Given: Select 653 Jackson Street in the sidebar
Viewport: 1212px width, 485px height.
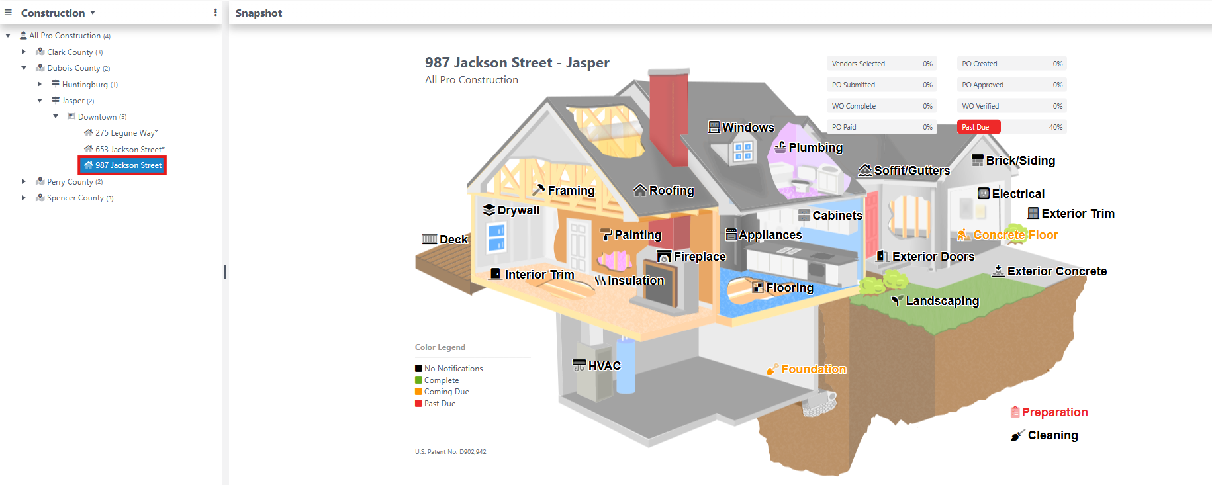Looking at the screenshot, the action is pos(129,150).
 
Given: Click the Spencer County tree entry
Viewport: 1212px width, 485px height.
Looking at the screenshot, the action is pos(75,198).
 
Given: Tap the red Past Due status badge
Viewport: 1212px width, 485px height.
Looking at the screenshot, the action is pos(978,127).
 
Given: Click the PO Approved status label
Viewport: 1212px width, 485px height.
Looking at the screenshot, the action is pos(982,85).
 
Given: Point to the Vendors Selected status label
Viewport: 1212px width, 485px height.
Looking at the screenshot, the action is pos(858,64).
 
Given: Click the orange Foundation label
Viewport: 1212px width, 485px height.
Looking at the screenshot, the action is pos(813,369).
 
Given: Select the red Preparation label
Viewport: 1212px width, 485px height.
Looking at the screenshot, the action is pos(1054,412).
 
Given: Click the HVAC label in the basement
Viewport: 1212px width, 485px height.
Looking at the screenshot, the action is pos(604,365).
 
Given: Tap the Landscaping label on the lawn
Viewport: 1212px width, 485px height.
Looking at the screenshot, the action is pos(941,301).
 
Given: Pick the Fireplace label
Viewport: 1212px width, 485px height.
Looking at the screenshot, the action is pos(699,257).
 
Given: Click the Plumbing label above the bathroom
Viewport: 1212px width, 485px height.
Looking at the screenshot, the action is pos(815,148).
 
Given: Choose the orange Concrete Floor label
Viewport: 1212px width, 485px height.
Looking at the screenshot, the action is pos(1015,235).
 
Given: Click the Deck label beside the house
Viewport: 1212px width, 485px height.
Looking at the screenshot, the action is pos(453,240).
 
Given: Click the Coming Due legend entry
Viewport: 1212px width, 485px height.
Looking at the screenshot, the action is pos(446,392).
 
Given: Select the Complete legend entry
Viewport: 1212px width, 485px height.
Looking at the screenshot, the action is pos(441,380).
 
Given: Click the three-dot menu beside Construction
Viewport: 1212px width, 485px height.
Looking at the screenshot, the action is pos(215,13).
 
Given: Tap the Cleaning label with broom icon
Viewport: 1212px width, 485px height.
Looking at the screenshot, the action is pos(1052,435).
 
